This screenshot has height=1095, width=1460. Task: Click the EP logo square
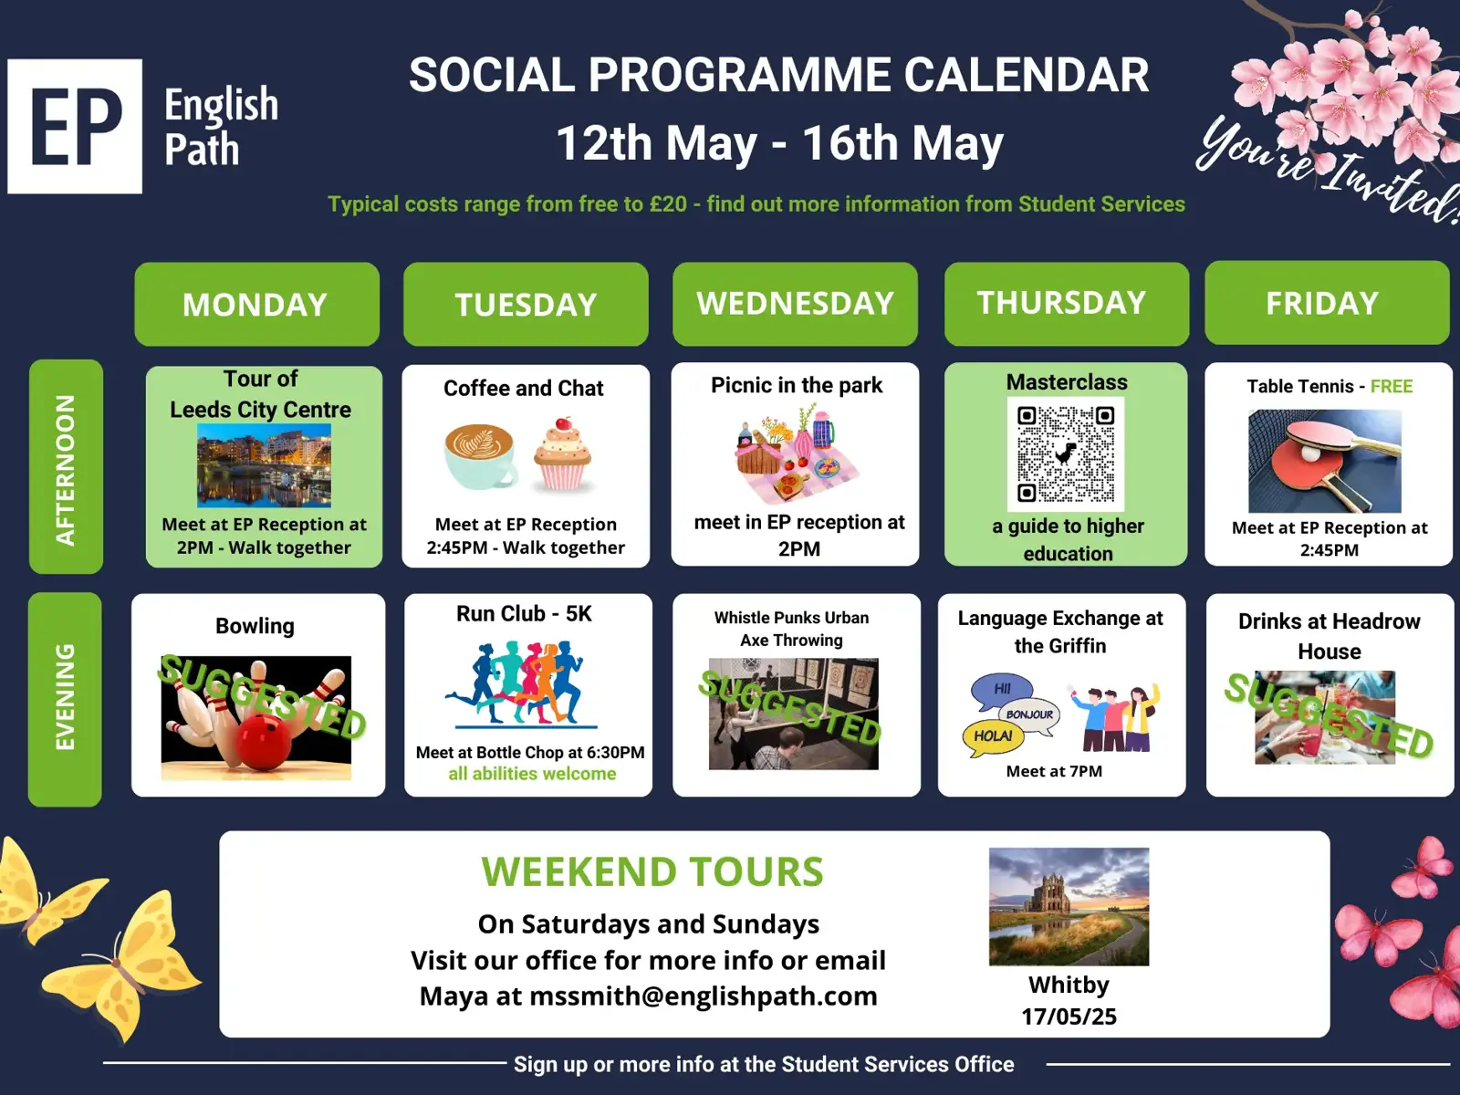[x=75, y=126]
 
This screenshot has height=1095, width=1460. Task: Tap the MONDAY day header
[x=256, y=304]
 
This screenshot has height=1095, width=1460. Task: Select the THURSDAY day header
[x=1066, y=303]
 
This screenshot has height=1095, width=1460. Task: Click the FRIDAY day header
[x=1327, y=303]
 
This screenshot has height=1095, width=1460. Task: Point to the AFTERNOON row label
[x=66, y=466]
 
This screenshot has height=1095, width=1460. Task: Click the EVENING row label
[x=65, y=699]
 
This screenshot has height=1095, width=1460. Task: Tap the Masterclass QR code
[x=1066, y=454]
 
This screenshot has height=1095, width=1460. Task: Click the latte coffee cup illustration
[x=481, y=456]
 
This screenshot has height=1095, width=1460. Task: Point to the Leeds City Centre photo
[x=264, y=465]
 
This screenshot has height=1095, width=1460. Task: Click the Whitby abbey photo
[x=1069, y=906]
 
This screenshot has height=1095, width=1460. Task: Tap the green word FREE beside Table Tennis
[x=1392, y=386]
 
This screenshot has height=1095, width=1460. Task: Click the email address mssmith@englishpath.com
[x=703, y=996]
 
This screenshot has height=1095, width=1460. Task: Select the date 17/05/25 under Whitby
[x=1069, y=1017]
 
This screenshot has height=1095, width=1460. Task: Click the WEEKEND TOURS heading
[x=652, y=871]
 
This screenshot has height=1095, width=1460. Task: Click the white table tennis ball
[x=1309, y=454]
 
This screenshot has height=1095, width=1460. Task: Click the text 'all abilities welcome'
[x=532, y=774]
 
